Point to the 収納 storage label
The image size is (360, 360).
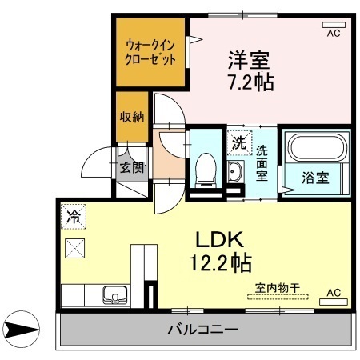pos(132,118)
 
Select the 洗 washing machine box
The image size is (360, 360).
pos(238,143)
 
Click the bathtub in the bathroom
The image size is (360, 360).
pos(318,149)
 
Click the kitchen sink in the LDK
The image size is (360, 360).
pos(110,295)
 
